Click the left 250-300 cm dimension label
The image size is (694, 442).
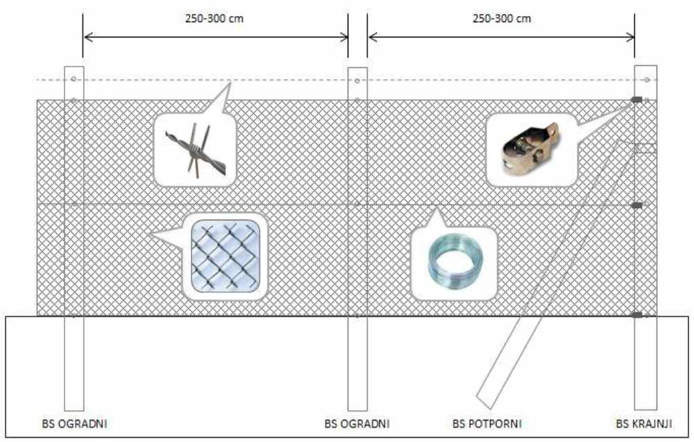coord(214,19)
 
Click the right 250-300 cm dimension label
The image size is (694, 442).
coord(502,19)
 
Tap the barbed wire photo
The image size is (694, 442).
coord(195,151)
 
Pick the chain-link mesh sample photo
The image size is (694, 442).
coord(226,256)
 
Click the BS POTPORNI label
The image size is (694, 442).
coord(487,424)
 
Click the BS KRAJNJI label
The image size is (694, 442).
coord(644,424)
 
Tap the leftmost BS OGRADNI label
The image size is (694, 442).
coord(74,424)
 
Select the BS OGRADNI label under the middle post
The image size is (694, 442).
coord(357,424)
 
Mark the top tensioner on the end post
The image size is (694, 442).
coord(636,100)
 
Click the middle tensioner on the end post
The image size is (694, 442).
coord(636,205)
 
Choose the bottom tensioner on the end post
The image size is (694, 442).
coord(636,315)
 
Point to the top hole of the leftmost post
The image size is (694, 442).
coord(74,79)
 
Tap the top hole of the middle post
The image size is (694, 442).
coord(357,80)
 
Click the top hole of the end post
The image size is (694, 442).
coord(647,80)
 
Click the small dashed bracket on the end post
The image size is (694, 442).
coord(645,148)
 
